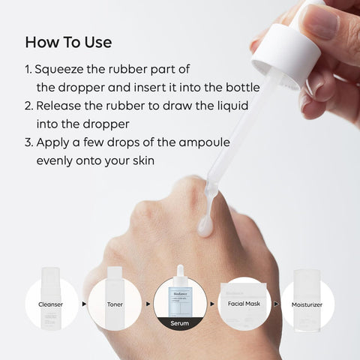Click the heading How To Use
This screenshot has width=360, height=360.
(68, 40)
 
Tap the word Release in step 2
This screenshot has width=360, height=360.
(62, 106)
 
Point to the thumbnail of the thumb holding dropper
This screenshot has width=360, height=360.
(322, 20)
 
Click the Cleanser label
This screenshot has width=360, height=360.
(52, 305)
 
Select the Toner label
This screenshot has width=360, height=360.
(115, 305)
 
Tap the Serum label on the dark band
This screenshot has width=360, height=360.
(180, 323)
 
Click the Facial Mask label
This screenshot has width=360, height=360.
(244, 305)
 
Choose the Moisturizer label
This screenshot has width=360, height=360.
(308, 305)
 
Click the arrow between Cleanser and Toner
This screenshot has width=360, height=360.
(84, 305)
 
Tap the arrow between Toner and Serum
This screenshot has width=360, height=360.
(148, 305)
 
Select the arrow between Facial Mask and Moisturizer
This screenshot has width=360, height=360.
(276, 305)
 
